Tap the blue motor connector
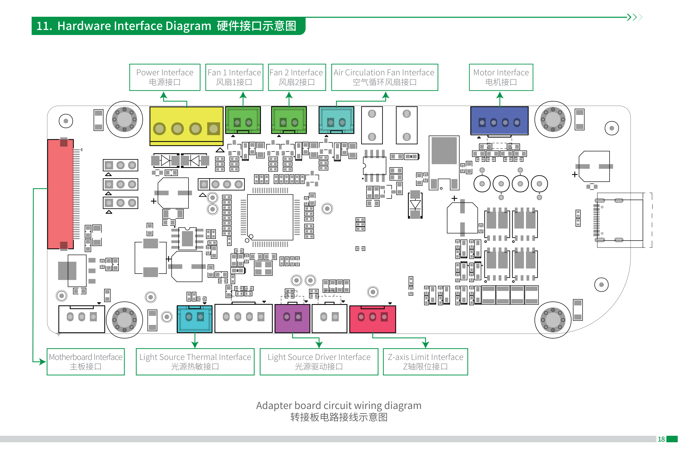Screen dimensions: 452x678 [499, 120]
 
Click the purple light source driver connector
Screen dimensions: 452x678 [292, 318]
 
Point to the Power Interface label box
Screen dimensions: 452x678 [165, 77]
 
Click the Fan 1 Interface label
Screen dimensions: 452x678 [234, 77]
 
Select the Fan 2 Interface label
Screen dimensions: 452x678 [297, 77]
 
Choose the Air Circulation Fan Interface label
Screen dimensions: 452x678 [384, 77]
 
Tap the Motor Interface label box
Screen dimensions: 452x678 [501, 77]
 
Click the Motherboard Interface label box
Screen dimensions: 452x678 [86, 361]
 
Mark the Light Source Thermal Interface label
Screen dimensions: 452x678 [195, 361]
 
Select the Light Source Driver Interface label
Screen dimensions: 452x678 [319, 361]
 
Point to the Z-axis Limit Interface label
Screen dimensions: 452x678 [425, 361]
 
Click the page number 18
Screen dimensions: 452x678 [661, 439]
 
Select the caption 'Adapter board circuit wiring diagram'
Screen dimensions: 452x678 [339, 406]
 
